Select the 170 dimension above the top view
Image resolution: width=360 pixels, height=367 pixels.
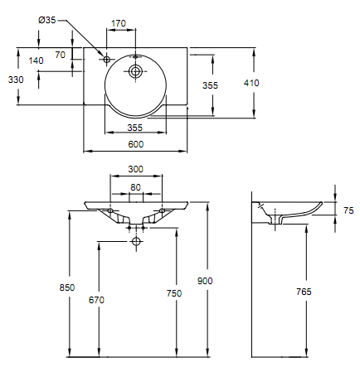coord(119,24)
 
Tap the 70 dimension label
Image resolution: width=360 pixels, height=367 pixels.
coord(60,55)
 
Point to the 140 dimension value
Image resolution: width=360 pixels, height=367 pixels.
coord(36,60)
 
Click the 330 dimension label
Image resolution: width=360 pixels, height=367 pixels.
coord(15,79)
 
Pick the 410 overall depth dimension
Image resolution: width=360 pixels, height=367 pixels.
coord(251,82)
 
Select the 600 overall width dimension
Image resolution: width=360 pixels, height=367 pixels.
coord(136,144)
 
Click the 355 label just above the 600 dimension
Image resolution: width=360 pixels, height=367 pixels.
coord(136,127)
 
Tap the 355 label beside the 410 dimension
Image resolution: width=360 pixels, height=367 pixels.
coord(210,85)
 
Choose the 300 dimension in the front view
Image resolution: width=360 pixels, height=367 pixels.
coord(135,169)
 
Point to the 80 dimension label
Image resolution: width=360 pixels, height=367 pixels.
coord(135,187)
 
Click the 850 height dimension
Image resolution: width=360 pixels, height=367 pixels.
coord(67,287)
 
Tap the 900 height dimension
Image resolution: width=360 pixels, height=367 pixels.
coord(205,281)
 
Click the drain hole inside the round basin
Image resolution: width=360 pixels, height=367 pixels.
coord(135,72)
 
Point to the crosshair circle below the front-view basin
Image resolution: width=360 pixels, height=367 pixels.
coord(136,241)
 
